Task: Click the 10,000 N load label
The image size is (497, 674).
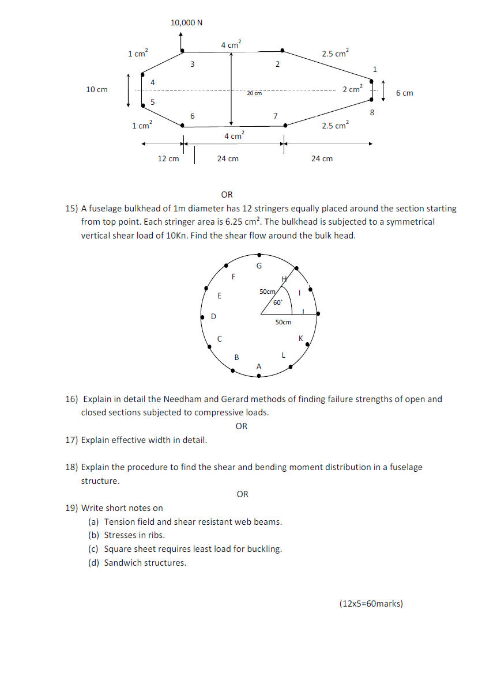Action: [x=186, y=23]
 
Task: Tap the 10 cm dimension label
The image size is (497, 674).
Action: [x=96, y=90]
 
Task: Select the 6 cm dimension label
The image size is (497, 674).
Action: [x=404, y=93]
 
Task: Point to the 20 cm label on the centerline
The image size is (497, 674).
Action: [x=254, y=93]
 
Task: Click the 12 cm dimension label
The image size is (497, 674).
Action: [x=168, y=158]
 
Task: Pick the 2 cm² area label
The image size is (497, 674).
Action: [x=352, y=89]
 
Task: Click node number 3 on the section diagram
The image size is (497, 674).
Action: [x=193, y=64]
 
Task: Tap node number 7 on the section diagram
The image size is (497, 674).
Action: [x=276, y=116]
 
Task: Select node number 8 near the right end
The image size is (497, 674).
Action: [x=372, y=112]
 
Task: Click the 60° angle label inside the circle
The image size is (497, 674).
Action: [x=277, y=302]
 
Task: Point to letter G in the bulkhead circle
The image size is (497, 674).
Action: [x=259, y=266]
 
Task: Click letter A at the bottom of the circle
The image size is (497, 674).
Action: [x=258, y=366]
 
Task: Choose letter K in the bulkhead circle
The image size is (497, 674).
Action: [x=300, y=338]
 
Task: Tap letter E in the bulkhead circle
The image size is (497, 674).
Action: [x=219, y=296]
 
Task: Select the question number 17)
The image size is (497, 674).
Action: [x=71, y=440]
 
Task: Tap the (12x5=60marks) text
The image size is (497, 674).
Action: [x=371, y=604]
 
